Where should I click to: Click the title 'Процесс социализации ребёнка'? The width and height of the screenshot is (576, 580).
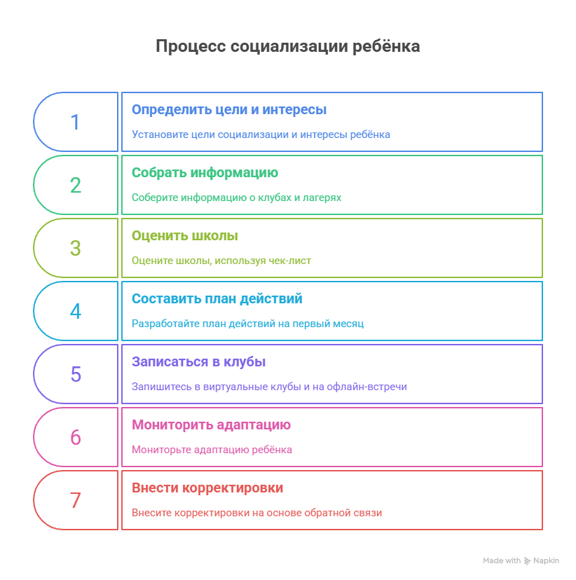(287, 47)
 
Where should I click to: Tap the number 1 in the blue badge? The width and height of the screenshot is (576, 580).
(75, 123)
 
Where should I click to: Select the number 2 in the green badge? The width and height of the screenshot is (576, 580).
(75, 186)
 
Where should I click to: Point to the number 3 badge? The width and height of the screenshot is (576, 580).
(75, 249)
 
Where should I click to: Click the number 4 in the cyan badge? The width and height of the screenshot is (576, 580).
(75, 312)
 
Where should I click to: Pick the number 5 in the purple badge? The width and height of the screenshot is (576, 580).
(75, 375)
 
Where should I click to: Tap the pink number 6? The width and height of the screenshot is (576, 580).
(75, 438)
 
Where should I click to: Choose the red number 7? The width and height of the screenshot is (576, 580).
(75, 501)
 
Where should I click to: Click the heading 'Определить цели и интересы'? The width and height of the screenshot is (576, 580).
(229, 110)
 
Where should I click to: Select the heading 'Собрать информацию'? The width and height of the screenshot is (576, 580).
(205, 173)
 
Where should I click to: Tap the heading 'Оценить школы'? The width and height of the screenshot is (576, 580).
(184, 236)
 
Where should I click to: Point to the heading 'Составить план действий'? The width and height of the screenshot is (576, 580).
(217, 299)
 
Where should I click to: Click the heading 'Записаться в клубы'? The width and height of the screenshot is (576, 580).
(198, 362)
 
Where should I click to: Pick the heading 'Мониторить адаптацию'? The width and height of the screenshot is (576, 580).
(211, 425)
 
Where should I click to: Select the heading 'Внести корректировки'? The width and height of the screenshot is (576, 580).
(207, 488)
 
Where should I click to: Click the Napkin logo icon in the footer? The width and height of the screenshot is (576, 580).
(527, 561)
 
